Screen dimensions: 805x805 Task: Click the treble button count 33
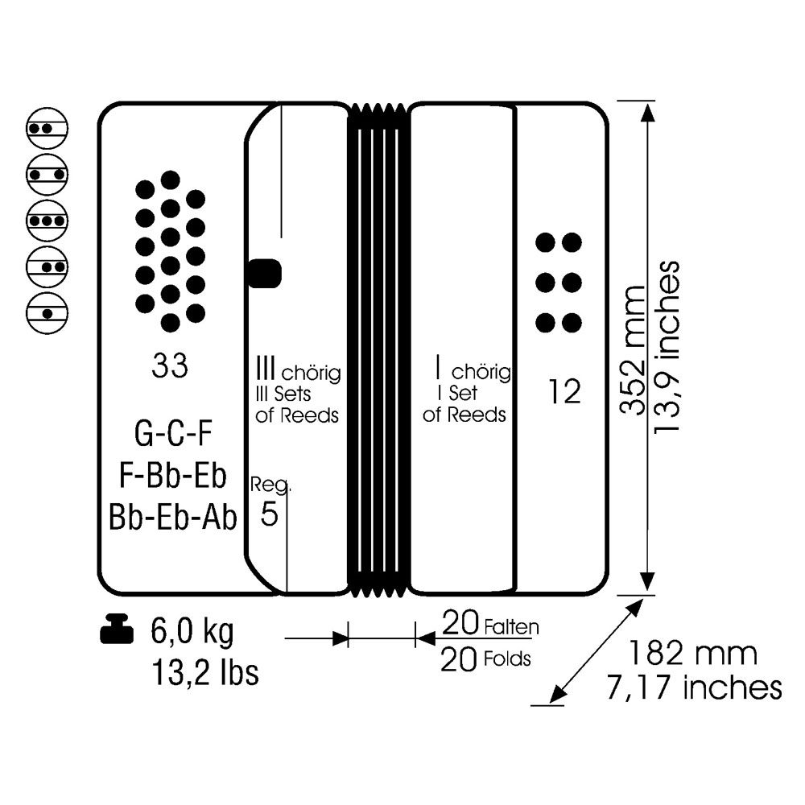169,366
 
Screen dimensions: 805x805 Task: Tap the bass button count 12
564,392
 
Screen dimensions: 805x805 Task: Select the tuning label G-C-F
173,433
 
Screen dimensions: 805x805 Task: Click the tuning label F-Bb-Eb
172,476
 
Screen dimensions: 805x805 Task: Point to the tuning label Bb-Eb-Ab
173,517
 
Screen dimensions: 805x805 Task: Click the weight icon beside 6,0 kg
117,629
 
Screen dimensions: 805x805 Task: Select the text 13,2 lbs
205,672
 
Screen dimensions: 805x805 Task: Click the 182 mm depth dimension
692,653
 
